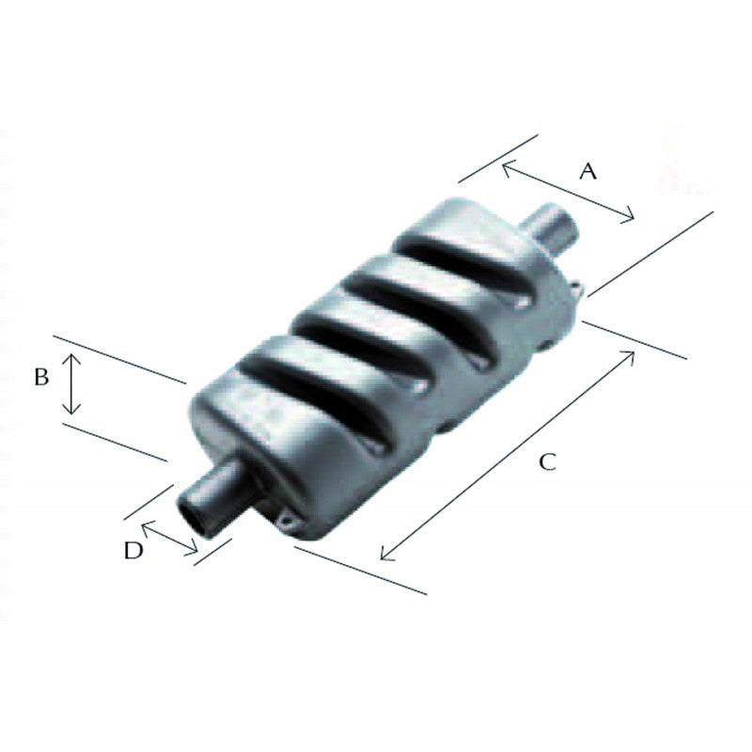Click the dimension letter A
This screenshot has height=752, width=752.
(587, 171)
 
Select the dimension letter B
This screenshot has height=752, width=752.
(40, 377)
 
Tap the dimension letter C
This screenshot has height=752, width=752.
(548, 462)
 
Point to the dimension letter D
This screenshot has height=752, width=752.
(133, 551)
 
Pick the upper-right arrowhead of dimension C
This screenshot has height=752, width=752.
(632, 354)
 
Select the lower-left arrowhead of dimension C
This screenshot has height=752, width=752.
(384, 556)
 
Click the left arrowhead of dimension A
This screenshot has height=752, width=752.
(506, 165)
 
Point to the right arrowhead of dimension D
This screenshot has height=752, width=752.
(196, 552)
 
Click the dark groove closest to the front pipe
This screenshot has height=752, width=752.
(301, 376)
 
